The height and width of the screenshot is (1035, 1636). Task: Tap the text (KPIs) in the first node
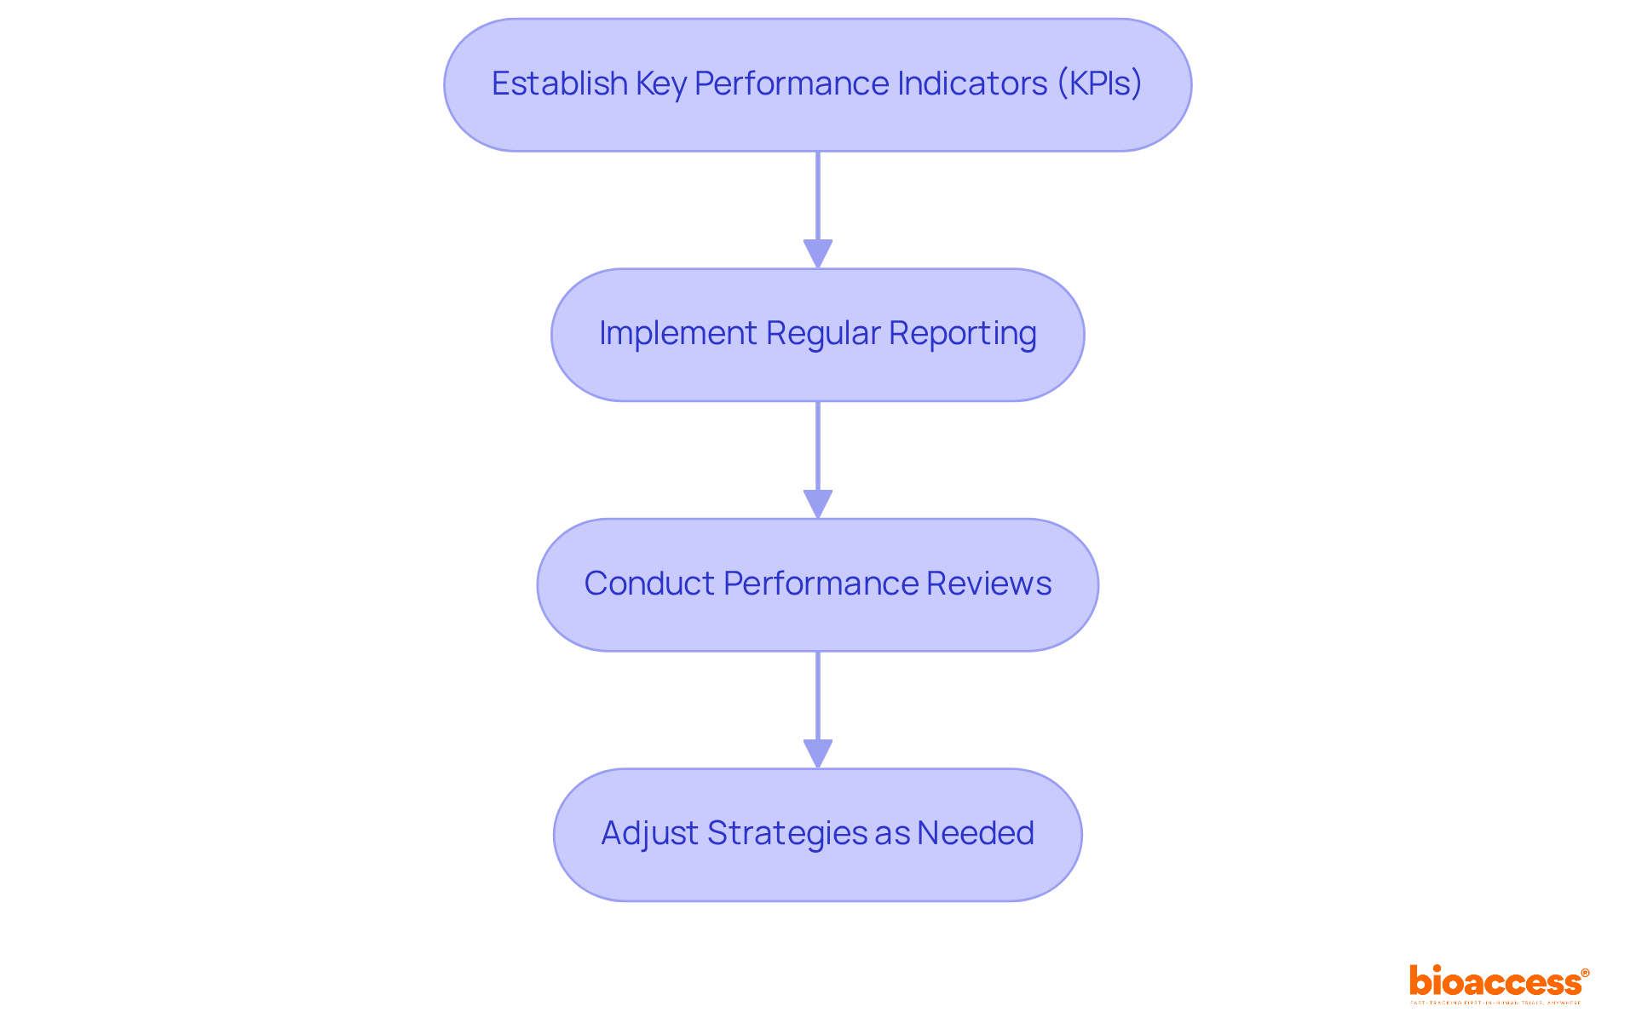1099,83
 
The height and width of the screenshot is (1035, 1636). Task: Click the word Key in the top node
660,84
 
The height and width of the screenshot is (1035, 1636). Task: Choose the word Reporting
963,334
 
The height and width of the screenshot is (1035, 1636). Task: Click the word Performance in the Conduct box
821,584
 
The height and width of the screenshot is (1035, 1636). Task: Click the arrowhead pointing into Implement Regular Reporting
818,254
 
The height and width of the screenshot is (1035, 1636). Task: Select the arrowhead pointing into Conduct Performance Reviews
818,503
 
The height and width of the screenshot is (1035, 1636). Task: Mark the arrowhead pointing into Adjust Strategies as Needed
818,753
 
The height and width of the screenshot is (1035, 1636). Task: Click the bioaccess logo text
1495,982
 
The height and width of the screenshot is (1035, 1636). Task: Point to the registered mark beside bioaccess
1585,973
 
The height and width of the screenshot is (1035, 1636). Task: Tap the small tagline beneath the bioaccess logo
1495,1003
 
